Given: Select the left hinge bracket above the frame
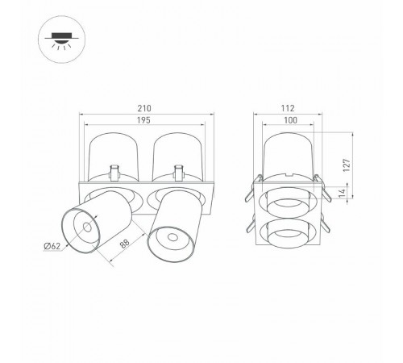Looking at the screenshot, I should point(114,172).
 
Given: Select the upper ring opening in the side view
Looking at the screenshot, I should point(289,202).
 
